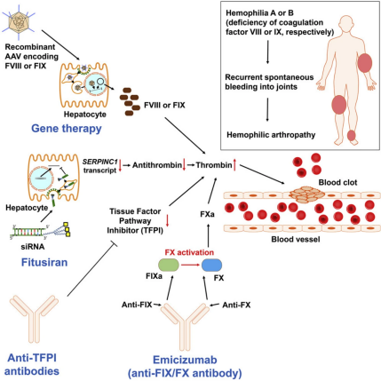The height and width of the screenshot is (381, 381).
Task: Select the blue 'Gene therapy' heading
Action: click(x=67, y=129)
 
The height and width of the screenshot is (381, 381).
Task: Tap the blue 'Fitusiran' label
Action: click(x=44, y=262)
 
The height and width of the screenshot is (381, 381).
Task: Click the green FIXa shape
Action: click(x=169, y=265)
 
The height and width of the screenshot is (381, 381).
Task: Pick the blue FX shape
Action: click(x=211, y=265)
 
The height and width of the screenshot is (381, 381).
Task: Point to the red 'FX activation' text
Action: click(x=189, y=252)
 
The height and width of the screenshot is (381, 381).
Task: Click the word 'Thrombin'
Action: click(x=214, y=165)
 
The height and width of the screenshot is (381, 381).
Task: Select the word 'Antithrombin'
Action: click(x=157, y=165)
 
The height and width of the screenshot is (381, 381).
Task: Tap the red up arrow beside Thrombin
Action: click(x=234, y=165)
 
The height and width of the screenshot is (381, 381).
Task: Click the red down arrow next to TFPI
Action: click(x=167, y=220)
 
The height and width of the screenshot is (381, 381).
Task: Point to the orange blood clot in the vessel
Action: click(x=306, y=194)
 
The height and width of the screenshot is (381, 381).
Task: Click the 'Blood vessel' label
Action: click(x=296, y=239)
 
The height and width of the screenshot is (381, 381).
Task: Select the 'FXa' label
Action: click(x=207, y=214)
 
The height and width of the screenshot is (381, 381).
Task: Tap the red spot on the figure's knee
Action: click(x=339, y=105)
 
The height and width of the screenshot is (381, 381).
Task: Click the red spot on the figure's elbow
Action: click(x=365, y=63)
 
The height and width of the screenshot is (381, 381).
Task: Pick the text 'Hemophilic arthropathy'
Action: click(x=271, y=135)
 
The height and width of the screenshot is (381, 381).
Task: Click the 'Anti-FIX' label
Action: click(x=137, y=305)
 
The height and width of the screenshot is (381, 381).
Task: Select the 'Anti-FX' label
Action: click(x=236, y=305)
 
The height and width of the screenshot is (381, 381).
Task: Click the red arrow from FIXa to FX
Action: click(x=190, y=265)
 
